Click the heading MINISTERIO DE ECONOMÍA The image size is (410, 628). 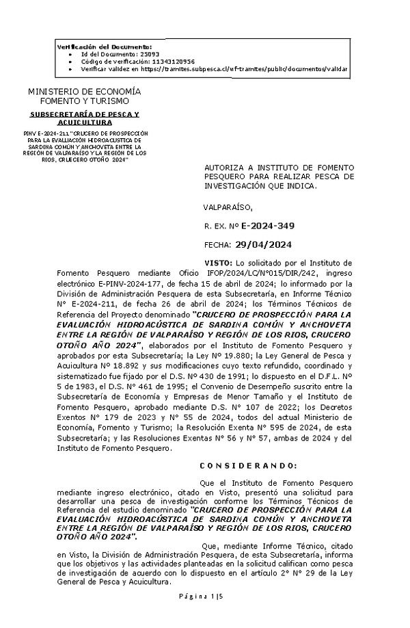pos(85,92)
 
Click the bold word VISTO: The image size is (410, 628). pos(218,263)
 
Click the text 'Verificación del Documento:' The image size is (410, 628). pos(99,45)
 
